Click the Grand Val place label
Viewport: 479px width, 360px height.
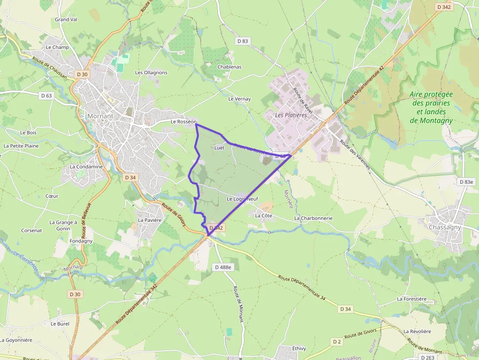click(66, 20)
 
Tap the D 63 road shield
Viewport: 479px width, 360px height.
click(46, 96)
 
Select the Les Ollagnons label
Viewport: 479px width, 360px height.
click(151, 73)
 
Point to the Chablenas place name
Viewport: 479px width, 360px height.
click(229, 67)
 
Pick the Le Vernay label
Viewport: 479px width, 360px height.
click(239, 99)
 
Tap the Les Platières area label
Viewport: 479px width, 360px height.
click(291, 115)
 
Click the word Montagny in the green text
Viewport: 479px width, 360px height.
click(431, 120)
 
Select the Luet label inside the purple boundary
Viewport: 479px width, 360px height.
click(219, 148)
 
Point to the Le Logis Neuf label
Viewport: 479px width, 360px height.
click(242, 199)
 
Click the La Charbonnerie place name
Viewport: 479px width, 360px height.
click(313, 218)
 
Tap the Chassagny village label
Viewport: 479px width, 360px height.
click(445, 228)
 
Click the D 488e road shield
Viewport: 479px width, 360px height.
click(223, 267)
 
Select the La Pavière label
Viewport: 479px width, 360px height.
click(149, 220)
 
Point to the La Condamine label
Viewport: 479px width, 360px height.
click(86, 167)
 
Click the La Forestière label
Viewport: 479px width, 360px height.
click(412, 299)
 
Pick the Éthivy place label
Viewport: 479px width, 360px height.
click(299, 349)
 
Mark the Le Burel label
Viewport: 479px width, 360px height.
click(60, 324)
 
